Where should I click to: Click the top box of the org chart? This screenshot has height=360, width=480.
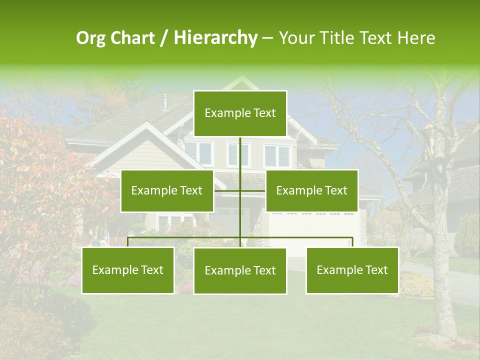[x=240, y=113]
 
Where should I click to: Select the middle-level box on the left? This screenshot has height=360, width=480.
[x=167, y=190]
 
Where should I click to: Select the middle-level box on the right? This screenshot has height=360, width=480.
[x=311, y=190]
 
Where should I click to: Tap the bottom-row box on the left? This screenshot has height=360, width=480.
[x=128, y=270]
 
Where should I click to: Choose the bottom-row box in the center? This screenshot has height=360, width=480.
[x=240, y=270]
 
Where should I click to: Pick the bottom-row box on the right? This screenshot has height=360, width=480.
[x=352, y=270]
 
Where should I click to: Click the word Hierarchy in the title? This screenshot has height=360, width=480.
[x=215, y=38]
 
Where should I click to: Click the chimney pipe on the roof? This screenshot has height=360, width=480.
[x=165, y=101]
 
